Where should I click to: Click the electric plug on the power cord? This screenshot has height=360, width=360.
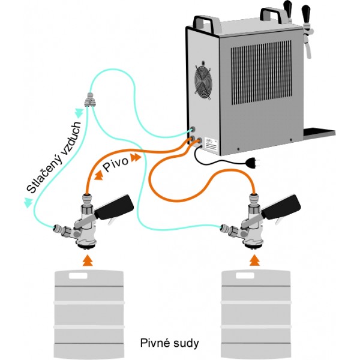pos(253,163)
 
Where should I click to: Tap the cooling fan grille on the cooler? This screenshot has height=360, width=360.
pos(203,82)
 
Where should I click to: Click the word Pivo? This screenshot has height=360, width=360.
pos(115,164)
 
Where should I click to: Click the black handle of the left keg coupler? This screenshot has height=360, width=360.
pos(115,206)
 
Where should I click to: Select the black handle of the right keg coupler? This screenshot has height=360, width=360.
pos(281,206)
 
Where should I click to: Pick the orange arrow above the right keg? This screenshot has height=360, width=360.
pos(254,260)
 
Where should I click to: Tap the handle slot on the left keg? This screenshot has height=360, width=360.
pos(78,276)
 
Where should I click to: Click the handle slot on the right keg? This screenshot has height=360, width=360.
pos(245,276)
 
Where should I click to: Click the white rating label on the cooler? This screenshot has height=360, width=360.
pos(211,146)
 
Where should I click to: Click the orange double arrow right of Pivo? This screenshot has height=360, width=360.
pos(135,157)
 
